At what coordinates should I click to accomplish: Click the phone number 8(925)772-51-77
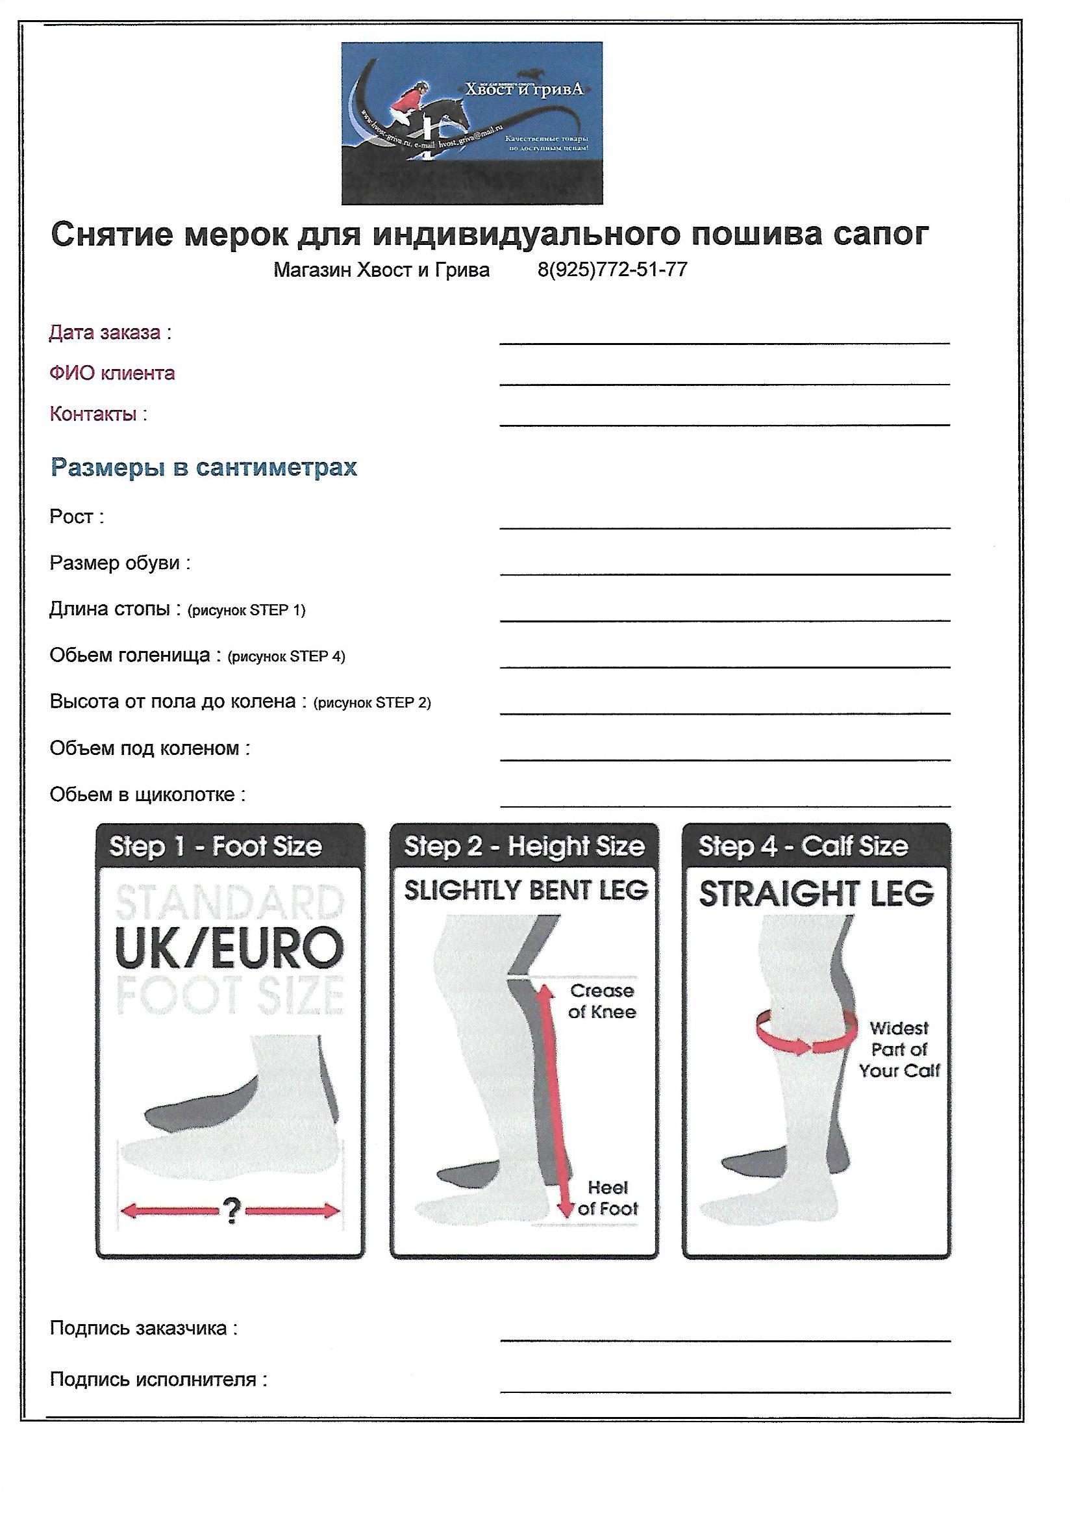pyautogui.click(x=612, y=270)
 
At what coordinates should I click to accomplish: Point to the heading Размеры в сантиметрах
pyautogui.click(x=204, y=467)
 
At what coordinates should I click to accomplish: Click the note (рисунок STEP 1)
pyautogui.click(x=247, y=610)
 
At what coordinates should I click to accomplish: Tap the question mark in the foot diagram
pyautogui.click(x=231, y=1210)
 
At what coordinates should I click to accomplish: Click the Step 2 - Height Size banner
pyautogui.click(x=524, y=846)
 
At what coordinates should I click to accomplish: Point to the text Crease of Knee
pyautogui.click(x=602, y=1001)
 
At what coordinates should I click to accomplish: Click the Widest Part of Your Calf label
pyautogui.click(x=899, y=1049)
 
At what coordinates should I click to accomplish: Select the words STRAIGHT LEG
pyautogui.click(x=816, y=895)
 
